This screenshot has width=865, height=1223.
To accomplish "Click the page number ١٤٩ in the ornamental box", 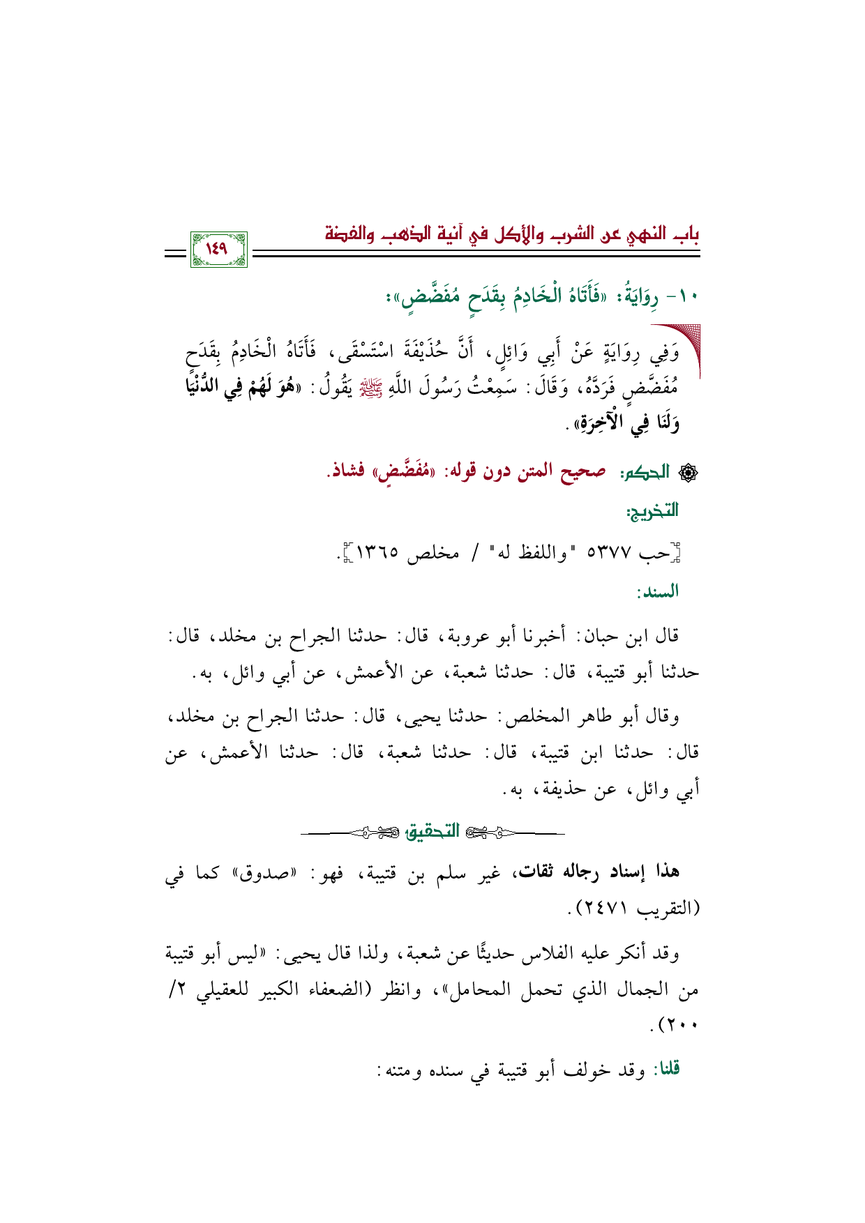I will (x=218, y=249).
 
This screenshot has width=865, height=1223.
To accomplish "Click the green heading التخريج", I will (x=652, y=511).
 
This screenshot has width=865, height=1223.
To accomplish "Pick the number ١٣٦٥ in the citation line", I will (x=377, y=554).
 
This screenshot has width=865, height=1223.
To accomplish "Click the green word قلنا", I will (x=665, y=1070).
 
